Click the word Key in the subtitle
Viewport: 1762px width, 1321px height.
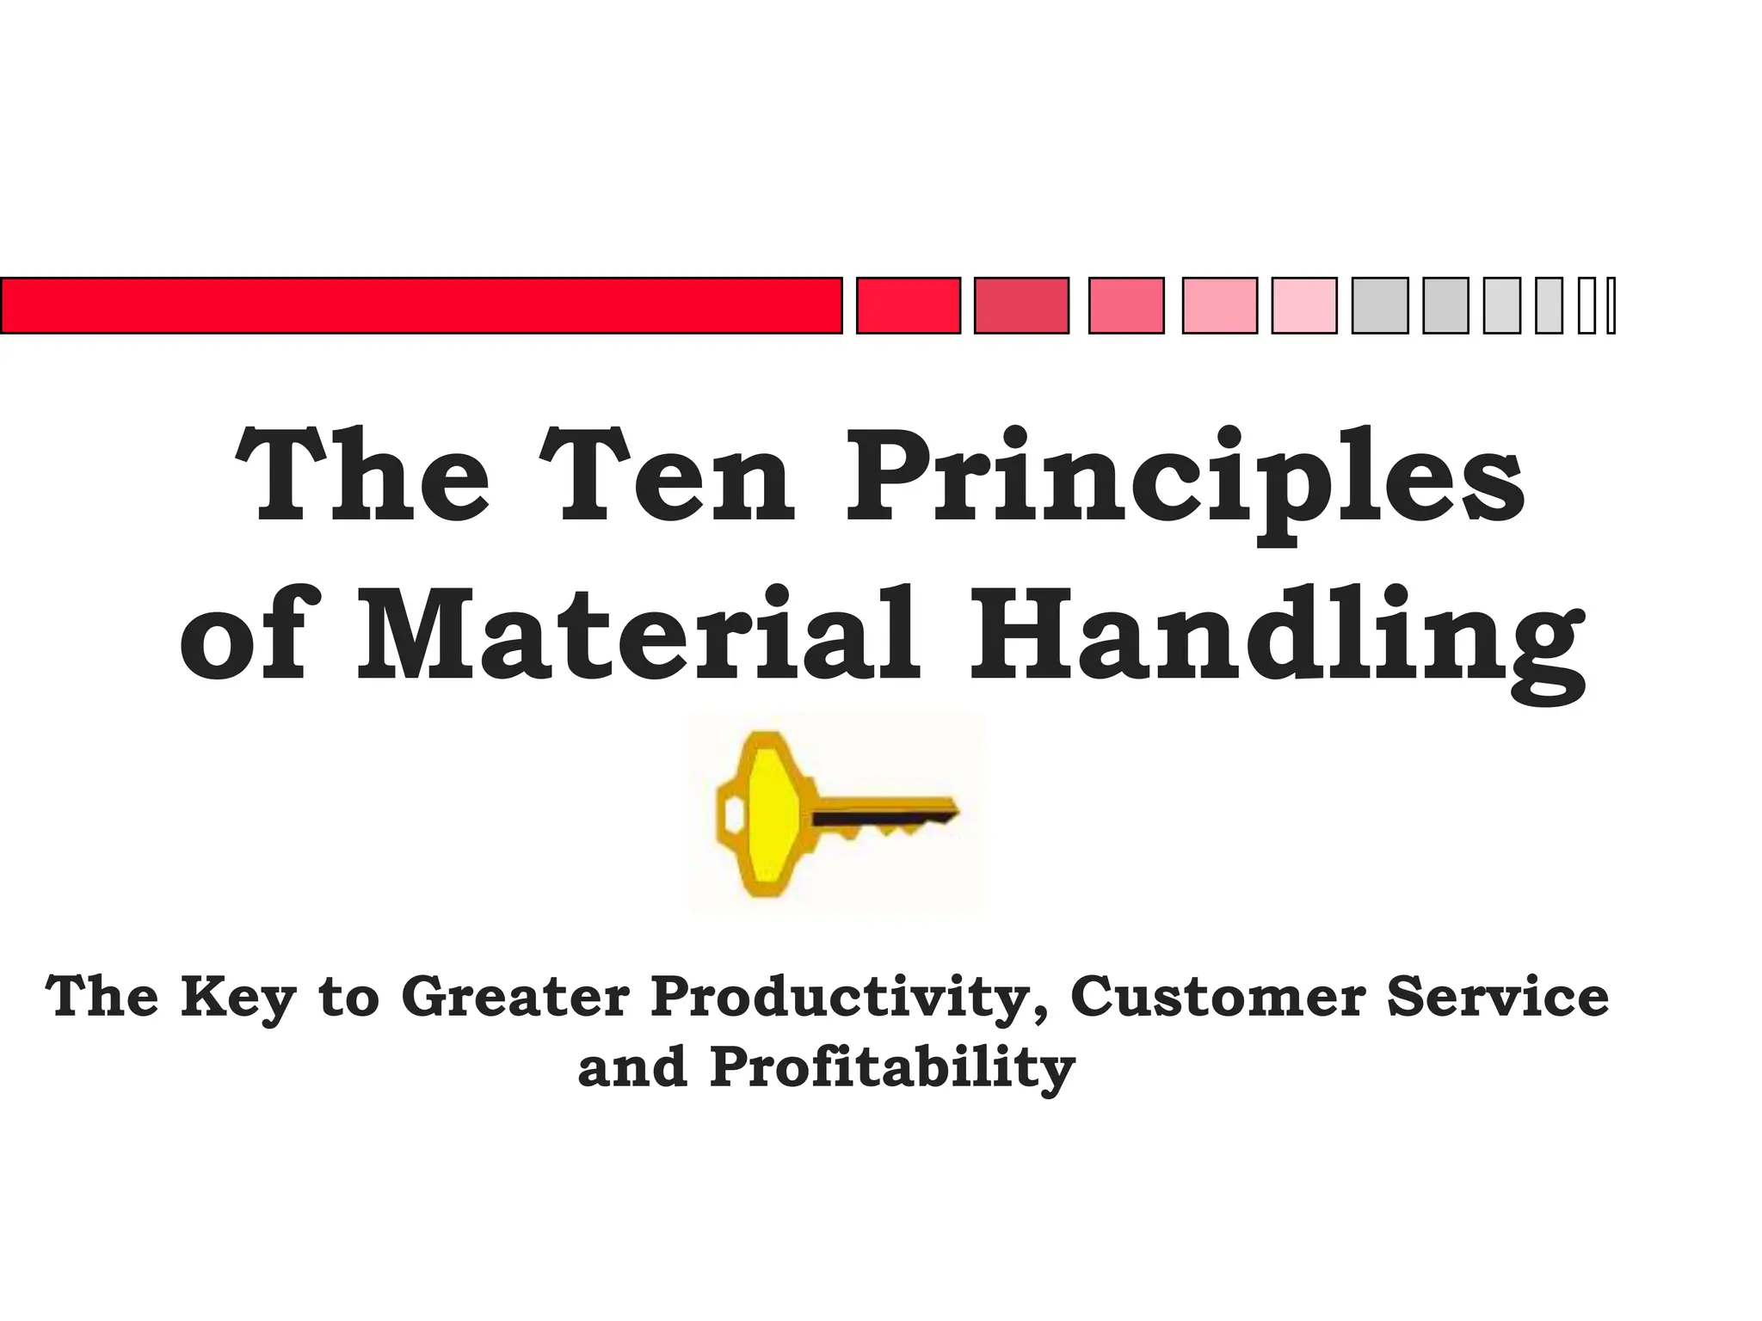point(238,998)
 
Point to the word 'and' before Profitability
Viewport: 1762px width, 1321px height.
point(632,1068)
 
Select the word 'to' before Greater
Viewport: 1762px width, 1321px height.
point(348,998)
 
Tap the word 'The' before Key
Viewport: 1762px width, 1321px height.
point(102,997)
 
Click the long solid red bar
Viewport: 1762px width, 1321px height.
point(421,305)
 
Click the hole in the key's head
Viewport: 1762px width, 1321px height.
point(734,814)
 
